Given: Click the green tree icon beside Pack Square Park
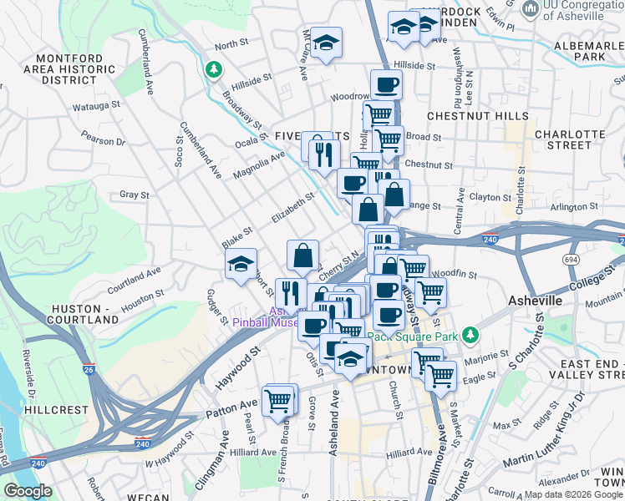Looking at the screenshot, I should pos(471,335).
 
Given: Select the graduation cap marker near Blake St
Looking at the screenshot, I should pos(240,266).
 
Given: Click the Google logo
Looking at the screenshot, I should pos(28,491).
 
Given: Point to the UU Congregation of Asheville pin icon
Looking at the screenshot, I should pos(529,9).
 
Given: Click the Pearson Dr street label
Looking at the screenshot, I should pos(104,142).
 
